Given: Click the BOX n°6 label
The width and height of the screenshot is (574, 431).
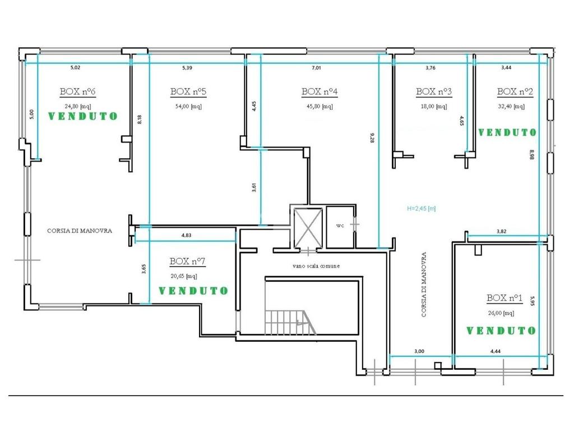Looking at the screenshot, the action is click(77, 91).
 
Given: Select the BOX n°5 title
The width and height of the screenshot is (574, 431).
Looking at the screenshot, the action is click(188, 91).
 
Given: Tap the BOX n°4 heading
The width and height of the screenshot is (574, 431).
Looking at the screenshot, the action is click(320, 91).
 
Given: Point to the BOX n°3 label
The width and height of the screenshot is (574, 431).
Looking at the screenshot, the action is click(434, 91).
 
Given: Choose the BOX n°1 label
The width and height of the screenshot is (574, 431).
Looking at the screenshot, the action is click(504, 298).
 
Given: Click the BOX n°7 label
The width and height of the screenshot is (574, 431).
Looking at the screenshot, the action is click(187, 262).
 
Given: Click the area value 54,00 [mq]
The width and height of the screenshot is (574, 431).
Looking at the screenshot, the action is click(188, 107).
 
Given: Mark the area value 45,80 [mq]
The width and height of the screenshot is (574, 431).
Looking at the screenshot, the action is click(320, 107).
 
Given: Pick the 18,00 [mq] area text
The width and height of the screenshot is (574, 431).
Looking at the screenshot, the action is click(434, 107).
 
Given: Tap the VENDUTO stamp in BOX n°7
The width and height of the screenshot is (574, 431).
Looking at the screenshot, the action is click(193, 291).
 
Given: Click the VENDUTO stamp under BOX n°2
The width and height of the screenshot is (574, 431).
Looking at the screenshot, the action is click(507, 132).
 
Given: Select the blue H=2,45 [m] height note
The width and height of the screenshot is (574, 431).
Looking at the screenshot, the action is click(422, 209).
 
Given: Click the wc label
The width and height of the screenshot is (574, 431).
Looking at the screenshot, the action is click(340, 226).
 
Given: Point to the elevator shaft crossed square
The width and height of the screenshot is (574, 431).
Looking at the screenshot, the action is click(308, 228).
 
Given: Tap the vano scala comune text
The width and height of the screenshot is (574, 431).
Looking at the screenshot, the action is click(316, 265).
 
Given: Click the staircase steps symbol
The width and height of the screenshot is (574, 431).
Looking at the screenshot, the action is click(289, 322).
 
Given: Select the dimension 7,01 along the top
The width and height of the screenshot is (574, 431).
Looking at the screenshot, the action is click(316, 68).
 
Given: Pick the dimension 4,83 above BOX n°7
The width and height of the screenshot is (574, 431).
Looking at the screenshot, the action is click(186, 235).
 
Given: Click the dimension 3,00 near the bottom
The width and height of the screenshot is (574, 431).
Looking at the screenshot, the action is click(419, 351).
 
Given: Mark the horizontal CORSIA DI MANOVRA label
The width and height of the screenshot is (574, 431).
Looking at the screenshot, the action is click(80, 231).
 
